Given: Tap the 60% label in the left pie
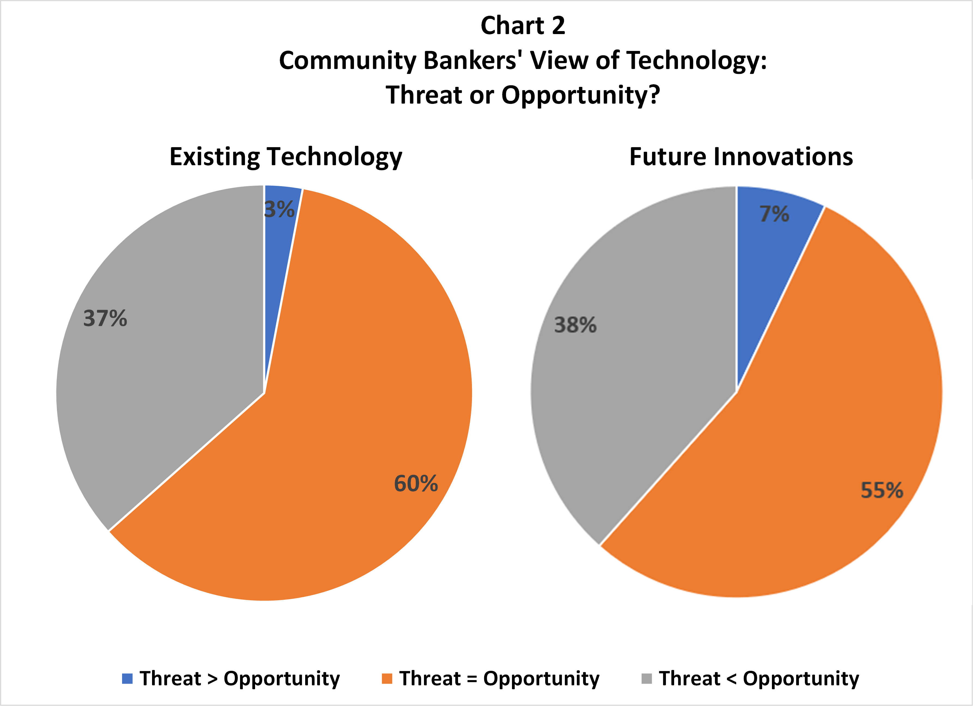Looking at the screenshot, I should tap(416, 483).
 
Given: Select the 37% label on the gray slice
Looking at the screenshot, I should tap(105, 318).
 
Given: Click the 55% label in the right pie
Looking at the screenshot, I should tap(882, 490).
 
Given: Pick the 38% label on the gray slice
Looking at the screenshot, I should tap(575, 325).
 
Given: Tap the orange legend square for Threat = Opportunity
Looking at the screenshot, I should tap(387, 678).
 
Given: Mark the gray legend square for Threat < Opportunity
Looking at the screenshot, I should tap(647, 678).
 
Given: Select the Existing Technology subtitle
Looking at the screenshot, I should tap(286, 157).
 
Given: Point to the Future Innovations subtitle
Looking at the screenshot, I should tap(741, 157).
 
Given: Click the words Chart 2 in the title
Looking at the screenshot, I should tap(523, 26).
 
